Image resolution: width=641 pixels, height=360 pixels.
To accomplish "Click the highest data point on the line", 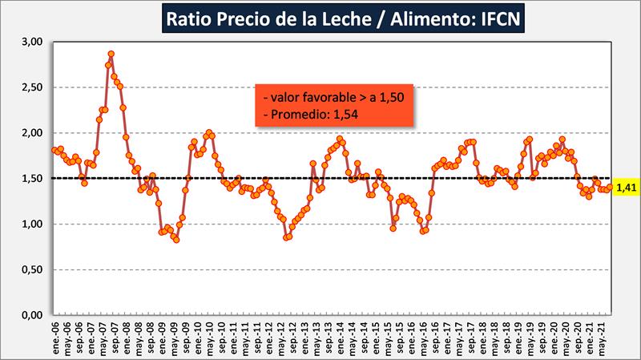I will [111, 54].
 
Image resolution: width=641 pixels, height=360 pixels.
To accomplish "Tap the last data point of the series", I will [610, 187].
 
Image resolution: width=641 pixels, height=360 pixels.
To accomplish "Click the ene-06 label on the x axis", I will [54, 342].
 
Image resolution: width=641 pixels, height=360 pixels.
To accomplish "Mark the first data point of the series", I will [54, 150].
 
